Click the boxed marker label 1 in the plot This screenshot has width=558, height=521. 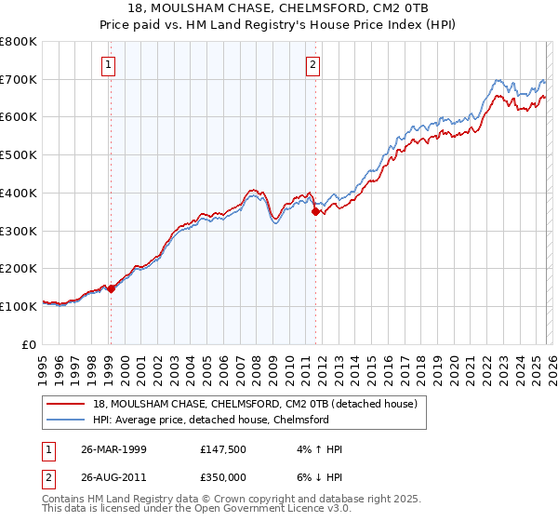point(110,65)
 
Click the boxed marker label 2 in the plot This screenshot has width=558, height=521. point(312,65)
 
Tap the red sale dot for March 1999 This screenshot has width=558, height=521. point(111,288)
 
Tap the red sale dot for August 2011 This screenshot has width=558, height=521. point(315,212)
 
